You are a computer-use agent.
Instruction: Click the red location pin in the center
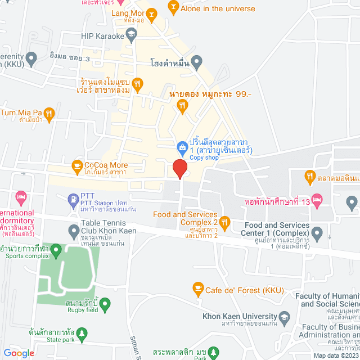pos(179,169)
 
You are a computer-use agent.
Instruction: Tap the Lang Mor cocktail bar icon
pos(151,13)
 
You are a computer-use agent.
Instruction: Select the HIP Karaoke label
pos(102,36)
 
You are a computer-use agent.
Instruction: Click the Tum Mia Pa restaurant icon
pos(49,112)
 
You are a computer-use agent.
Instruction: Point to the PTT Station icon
pos(73,198)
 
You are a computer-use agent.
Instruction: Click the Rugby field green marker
pos(105,304)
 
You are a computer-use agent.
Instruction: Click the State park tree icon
pos(82,334)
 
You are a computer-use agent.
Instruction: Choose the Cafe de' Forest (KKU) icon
pos(197,289)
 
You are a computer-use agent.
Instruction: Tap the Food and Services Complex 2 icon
pos(224,222)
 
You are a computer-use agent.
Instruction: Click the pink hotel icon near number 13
pos(317,200)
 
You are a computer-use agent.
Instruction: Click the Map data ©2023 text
pos(335,355)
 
